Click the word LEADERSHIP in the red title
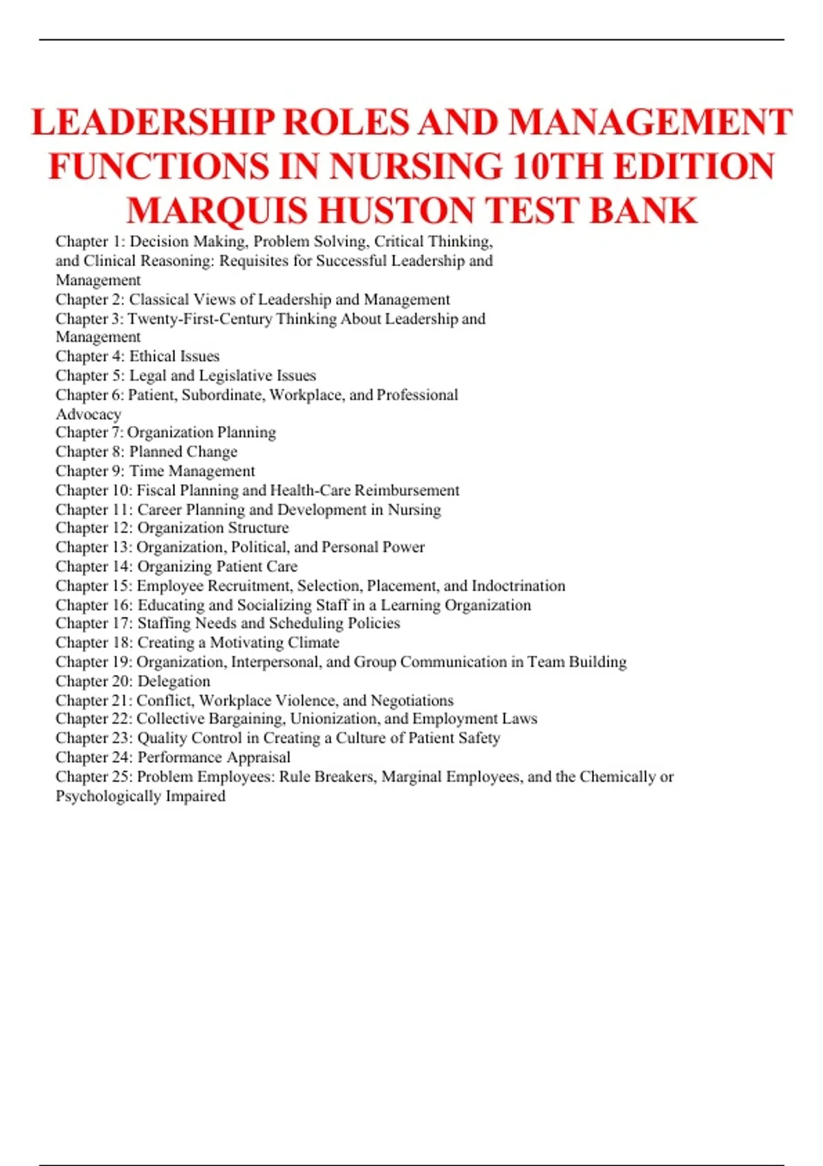(153, 123)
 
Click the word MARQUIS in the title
(217, 211)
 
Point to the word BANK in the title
(643, 211)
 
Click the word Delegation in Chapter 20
(174, 681)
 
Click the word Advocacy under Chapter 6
(88, 414)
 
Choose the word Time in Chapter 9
(147, 471)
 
